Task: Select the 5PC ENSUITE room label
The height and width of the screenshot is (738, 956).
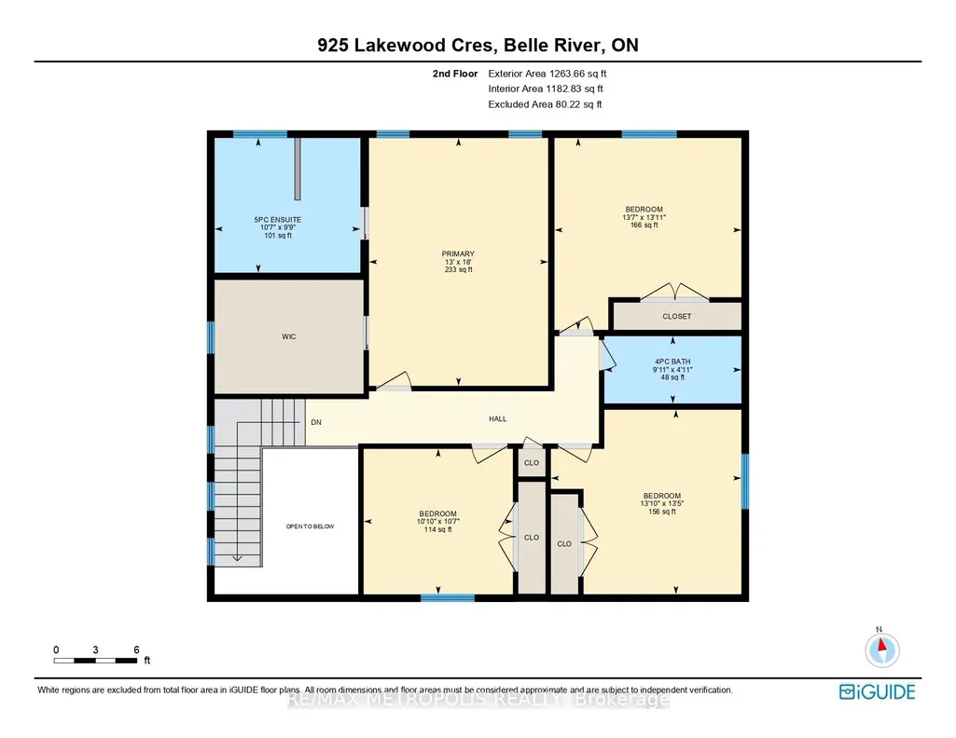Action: tap(277, 220)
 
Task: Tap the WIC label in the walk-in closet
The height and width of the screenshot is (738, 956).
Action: tap(289, 336)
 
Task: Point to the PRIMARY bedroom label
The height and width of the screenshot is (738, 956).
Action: tap(459, 253)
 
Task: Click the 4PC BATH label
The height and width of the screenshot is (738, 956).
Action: tap(672, 362)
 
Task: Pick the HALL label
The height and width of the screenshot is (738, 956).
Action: tap(497, 419)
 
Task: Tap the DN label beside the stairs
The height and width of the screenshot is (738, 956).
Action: tap(316, 423)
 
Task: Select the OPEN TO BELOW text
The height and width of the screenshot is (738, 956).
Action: tap(311, 526)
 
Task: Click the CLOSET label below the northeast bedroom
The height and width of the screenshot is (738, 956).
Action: tap(677, 317)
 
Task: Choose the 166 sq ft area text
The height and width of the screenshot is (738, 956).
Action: tap(644, 225)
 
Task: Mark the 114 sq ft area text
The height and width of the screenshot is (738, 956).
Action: tap(437, 530)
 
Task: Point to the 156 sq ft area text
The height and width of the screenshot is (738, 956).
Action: tap(661, 512)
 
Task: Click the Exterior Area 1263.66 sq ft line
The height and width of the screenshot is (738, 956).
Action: tap(547, 74)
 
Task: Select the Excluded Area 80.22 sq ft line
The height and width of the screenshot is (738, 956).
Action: tap(545, 104)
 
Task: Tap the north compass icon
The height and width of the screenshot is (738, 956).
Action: tap(881, 649)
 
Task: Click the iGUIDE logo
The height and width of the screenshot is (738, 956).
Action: tap(878, 691)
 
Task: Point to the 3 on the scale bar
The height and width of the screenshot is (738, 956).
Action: tap(95, 649)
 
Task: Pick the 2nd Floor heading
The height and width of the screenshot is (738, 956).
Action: tap(455, 74)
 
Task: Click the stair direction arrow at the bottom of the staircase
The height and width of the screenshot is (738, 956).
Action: tap(237, 557)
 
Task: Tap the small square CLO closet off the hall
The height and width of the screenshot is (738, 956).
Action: tap(532, 463)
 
